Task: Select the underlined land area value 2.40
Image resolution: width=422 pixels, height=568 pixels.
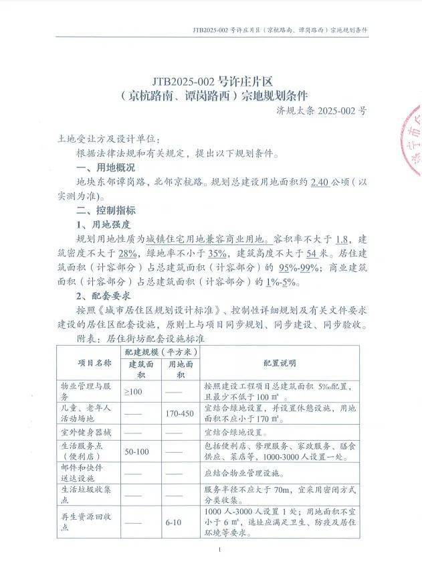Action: pyautogui.click(x=320, y=182)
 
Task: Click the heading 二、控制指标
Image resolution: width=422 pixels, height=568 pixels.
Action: pyautogui.click(x=106, y=210)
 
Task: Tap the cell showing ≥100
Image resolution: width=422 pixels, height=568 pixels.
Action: pyautogui.click(x=132, y=391)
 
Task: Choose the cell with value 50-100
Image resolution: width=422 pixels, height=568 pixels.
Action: pyautogui.click(x=137, y=452)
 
